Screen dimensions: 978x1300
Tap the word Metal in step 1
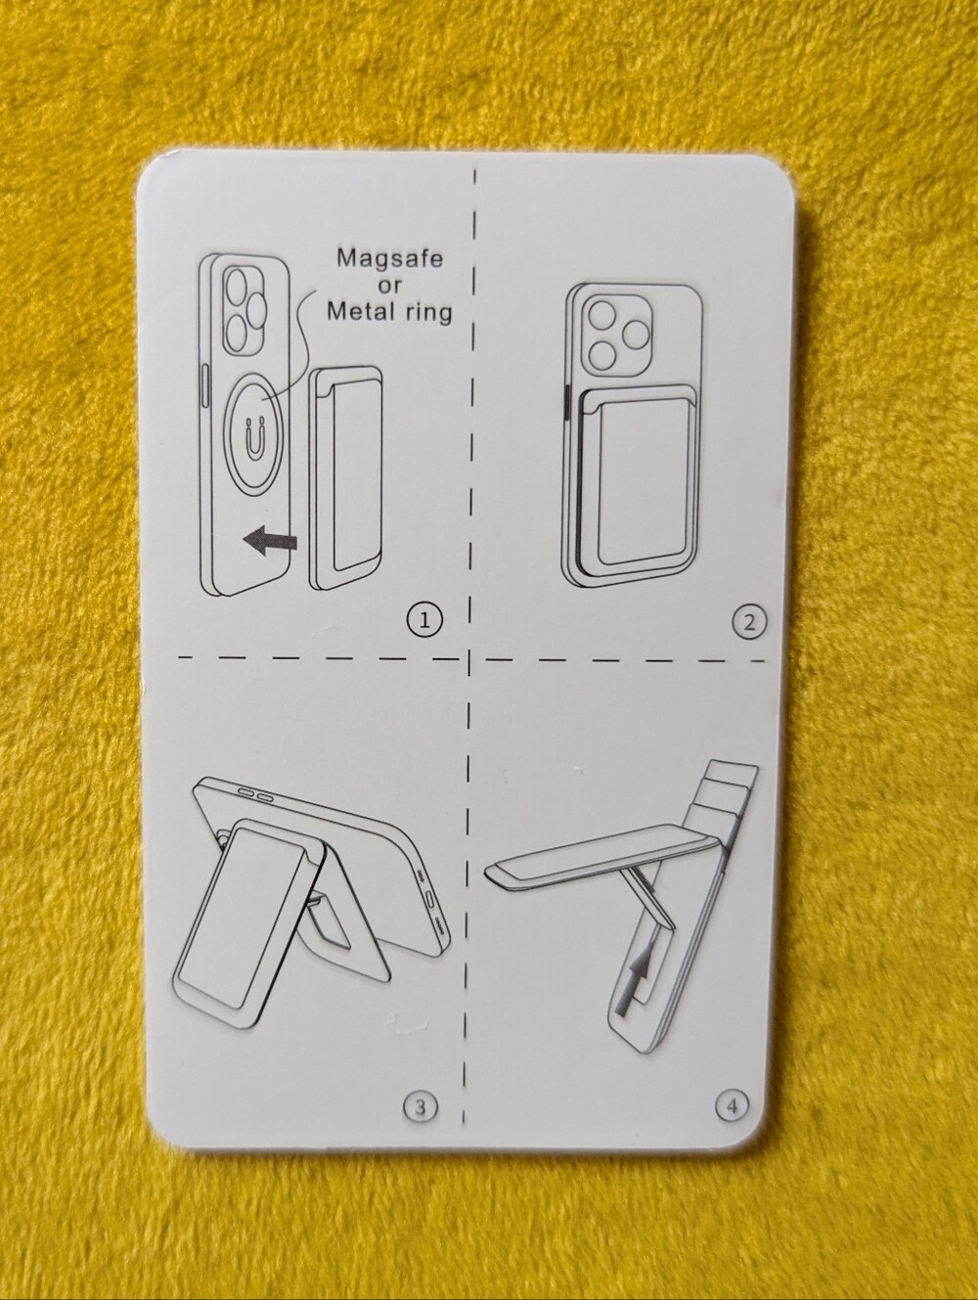[361, 310]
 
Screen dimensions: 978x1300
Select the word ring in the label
[428, 313]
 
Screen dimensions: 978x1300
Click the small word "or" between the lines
[389, 285]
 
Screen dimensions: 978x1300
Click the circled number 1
[423, 619]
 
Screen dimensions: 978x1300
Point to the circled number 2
[749, 622]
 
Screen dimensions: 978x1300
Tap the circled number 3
[420, 1104]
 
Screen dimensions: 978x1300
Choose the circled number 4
[733, 1105]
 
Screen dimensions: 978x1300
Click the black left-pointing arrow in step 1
[269, 540]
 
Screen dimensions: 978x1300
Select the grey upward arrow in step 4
[631, 984]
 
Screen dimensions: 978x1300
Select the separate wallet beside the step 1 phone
[344, 477]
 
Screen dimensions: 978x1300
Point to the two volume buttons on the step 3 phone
[256, 795]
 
